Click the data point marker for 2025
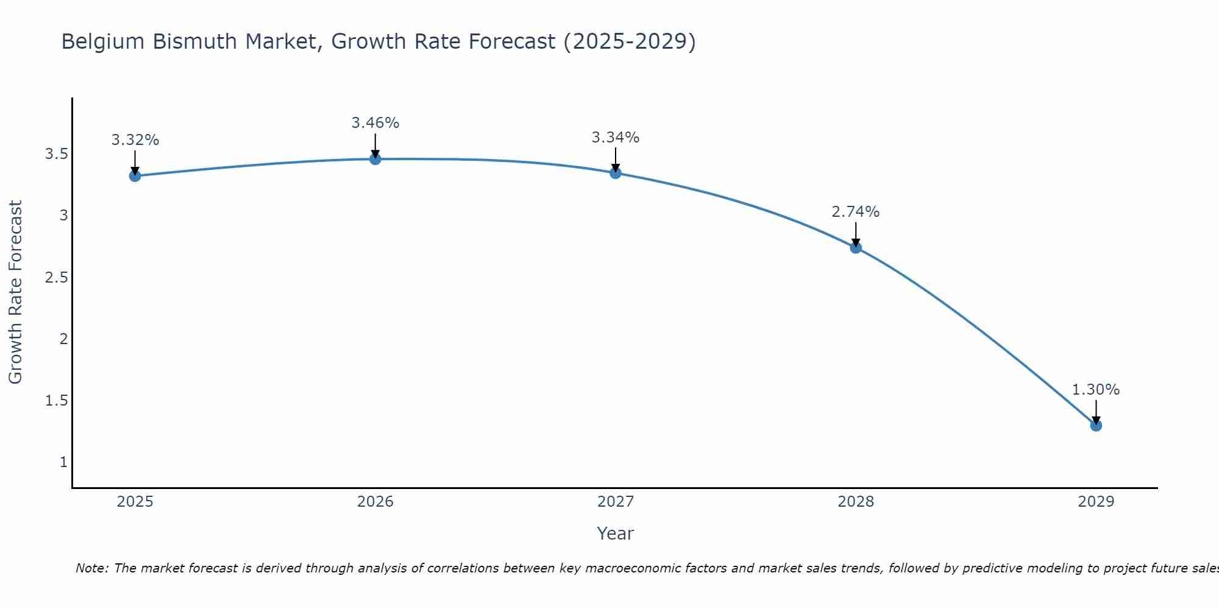(x=135, y=176)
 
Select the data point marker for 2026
(x=375, y=159)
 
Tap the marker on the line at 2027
(x=616, y=173)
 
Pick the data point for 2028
(x=856, y=247)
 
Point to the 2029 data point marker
(x=1096, y=425)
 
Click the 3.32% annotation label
(x=135, y=140)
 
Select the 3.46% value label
(x=375, y=123)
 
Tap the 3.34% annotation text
(x=616, y=138)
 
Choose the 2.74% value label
(x=856, y=212)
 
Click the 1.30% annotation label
(x=1096, y=390)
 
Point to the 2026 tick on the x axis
(x=375, y=502)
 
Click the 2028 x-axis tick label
(x=856, y=502)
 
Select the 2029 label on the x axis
(x=1096, y=502)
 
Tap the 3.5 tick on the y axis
(x=56, y=154)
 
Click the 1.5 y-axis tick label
(x=56, y=401)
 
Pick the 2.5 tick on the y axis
(x=56, y=278)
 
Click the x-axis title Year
(x=616, y=533)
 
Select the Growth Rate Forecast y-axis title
(x=16, y=292)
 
